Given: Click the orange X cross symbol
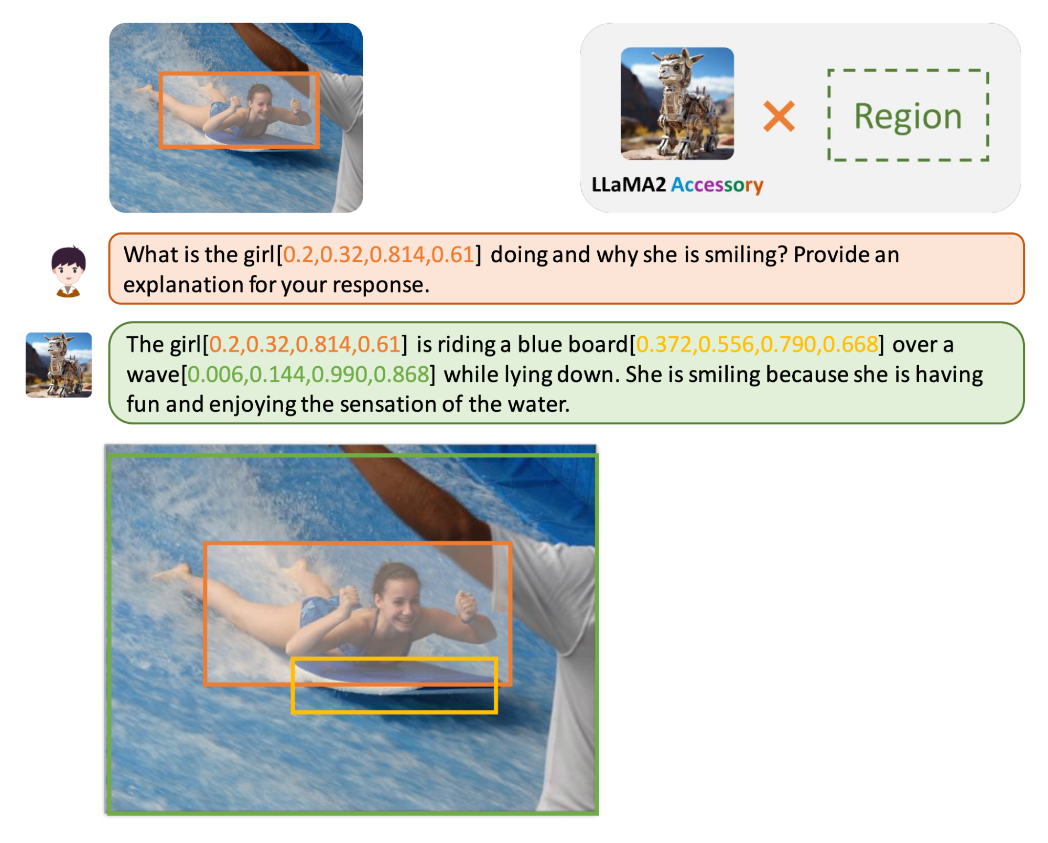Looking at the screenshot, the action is (779, 116).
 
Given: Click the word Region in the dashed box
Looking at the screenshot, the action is (908, 116).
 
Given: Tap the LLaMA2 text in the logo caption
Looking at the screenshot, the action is (629, 185).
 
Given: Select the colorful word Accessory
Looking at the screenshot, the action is (717, 185).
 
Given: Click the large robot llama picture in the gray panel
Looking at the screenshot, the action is (677, 103).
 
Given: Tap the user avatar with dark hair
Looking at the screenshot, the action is (68, 271).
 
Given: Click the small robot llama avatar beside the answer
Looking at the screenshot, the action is (59, 365).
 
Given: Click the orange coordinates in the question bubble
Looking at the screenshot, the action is (379, 255).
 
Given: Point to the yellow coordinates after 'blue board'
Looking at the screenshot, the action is (757, 345).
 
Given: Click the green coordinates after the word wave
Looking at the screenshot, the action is (308, 375).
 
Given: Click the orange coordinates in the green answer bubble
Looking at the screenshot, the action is (305, 345).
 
